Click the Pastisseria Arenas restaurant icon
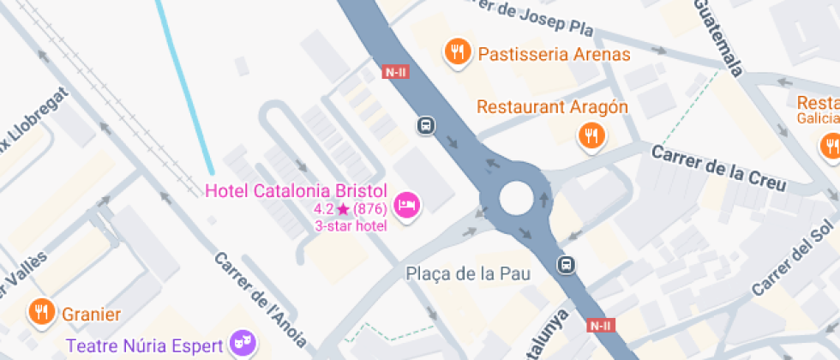pos(459,53)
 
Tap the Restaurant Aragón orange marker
pos(591,135)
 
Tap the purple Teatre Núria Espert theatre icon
pos(243,345)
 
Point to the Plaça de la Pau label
pos(468,274)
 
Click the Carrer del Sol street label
pos(793,257)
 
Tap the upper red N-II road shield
pos(395,73)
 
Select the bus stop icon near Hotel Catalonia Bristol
pos(425,126)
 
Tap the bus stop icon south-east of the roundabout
pos(567,264)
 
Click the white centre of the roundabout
pos(516,198)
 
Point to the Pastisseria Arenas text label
pos(555,55)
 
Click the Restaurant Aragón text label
pos(552,107)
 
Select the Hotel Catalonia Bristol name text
pos(297,190)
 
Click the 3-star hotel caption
pos(351,225)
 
